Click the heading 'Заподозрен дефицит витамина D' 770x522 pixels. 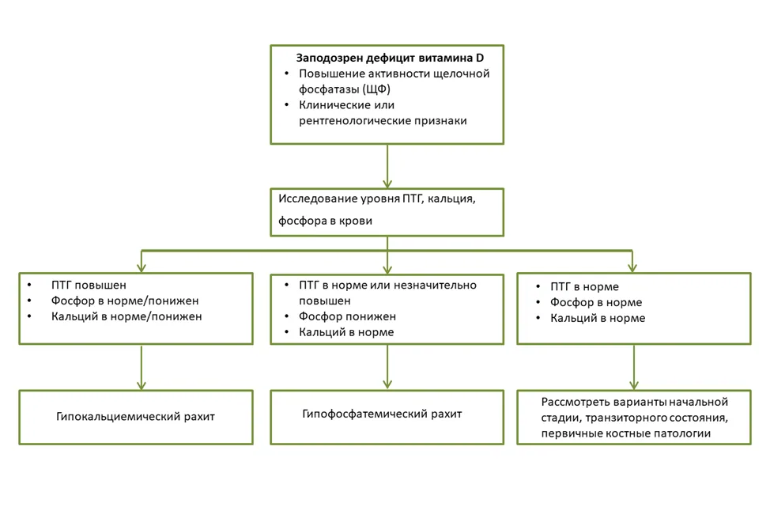[390, 58]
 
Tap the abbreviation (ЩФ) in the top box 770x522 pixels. [376, 89]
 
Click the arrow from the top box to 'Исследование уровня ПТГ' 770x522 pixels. [387, 166]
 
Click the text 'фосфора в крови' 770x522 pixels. [325, 221]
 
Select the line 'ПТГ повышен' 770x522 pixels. [89, 286]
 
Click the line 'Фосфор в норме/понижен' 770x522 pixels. [125, 301]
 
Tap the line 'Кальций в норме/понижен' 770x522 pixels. [126, 316]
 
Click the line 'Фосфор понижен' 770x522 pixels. [347, 316]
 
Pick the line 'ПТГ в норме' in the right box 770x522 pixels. [584, 287]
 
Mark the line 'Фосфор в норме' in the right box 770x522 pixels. [595, 302]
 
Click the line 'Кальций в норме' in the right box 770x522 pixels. [598, 318]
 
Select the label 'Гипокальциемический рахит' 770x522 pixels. [135, 417]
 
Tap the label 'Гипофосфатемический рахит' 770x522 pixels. [382, 414]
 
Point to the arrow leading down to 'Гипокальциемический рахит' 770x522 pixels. [142, 368]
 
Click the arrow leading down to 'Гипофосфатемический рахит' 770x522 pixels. [387, 367]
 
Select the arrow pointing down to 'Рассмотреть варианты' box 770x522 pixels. [634, 368]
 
